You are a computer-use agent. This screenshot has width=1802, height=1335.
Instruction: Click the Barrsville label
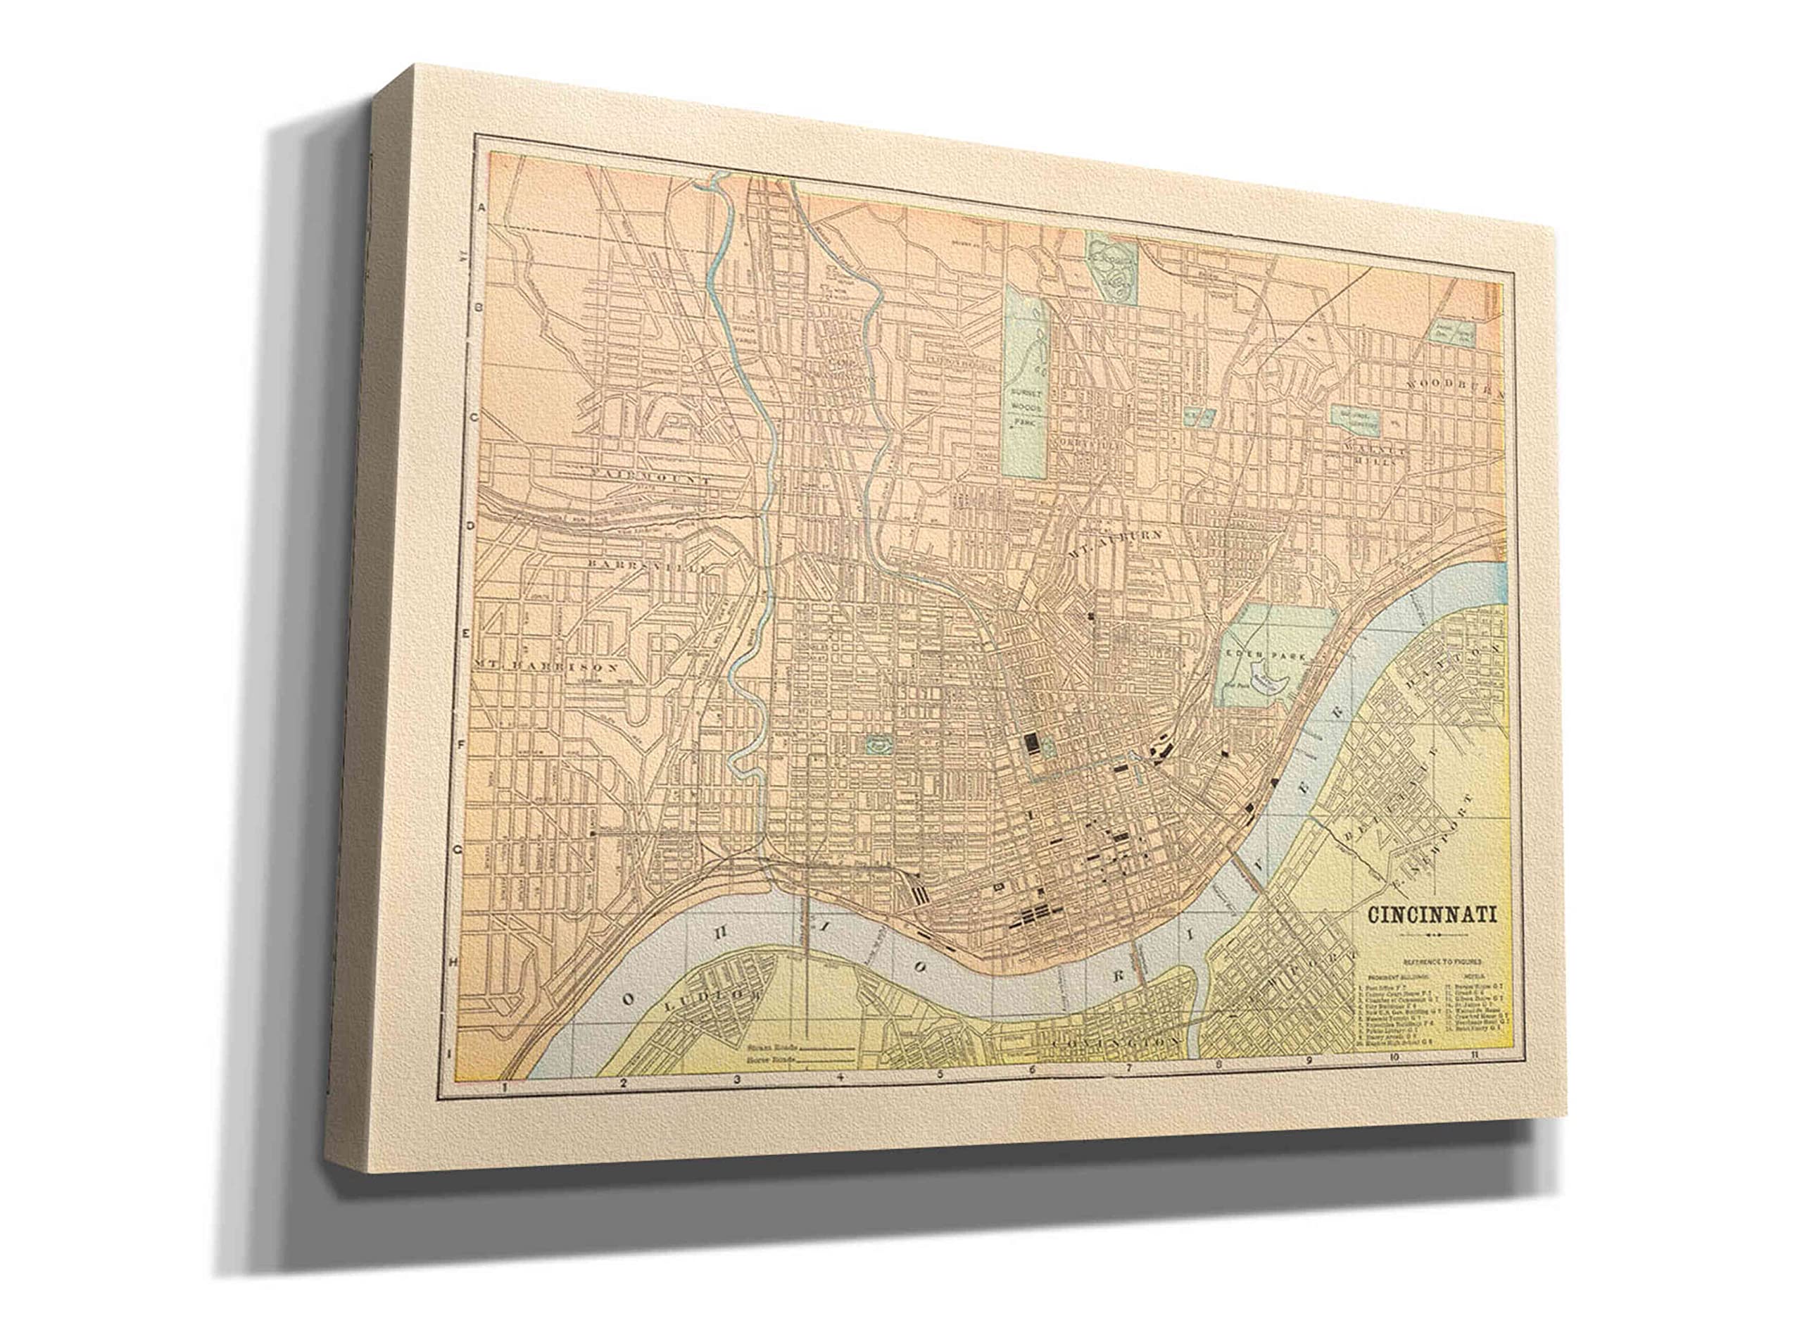click(x=651, y=565)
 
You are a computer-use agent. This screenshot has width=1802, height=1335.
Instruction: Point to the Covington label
click(x=1115, y=1044)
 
